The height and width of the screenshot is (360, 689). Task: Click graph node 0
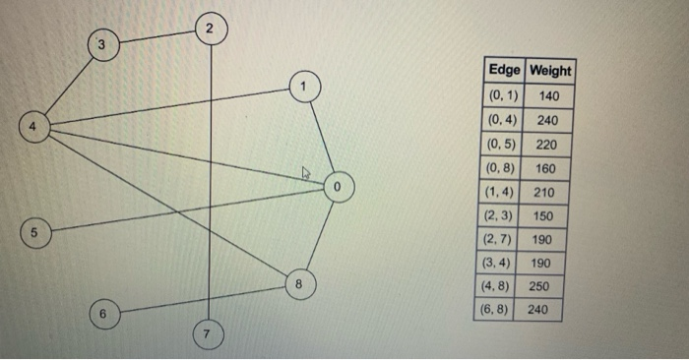tap(338, 185)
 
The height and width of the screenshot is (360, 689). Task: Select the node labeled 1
tap(304, 87)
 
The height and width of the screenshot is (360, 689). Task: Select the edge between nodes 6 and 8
tap(197, 298)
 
